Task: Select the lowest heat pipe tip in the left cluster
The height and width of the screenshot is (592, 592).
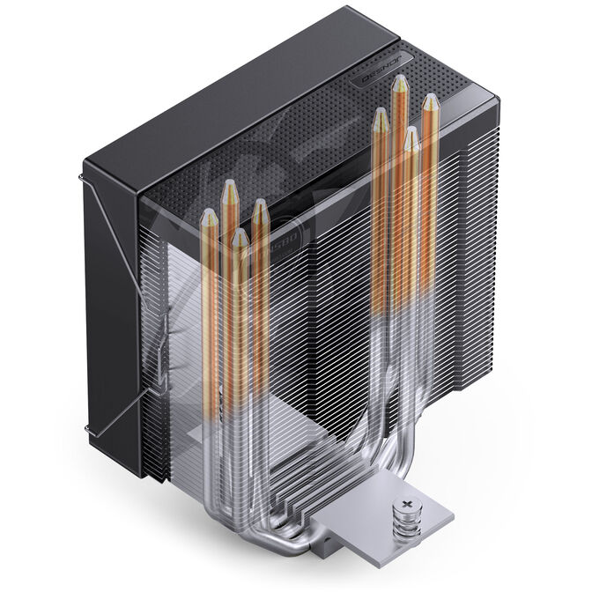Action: (x=240, y=237)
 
